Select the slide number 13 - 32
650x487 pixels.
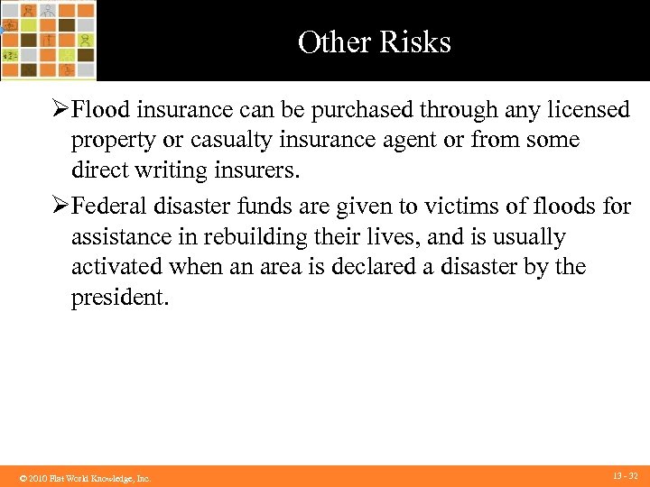(625, 475)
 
